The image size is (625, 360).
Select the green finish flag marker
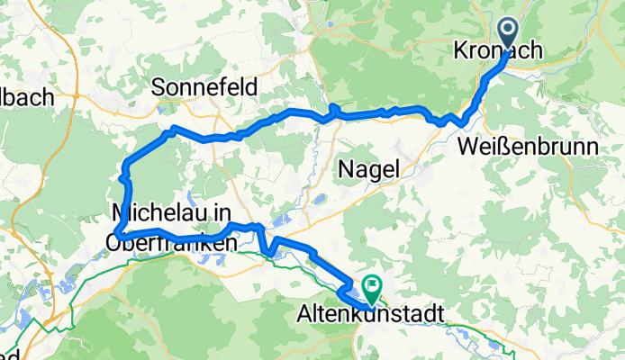tap(371, 288)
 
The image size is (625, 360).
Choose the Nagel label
tap(370, 168)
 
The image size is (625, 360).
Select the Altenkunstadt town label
tap(368, 316)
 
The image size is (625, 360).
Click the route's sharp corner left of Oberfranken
tap(118, 236)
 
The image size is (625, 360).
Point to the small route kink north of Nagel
tap(332, 109)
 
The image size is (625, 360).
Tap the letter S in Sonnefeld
tap(158, 87)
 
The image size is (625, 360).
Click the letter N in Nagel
tap(346, 168)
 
